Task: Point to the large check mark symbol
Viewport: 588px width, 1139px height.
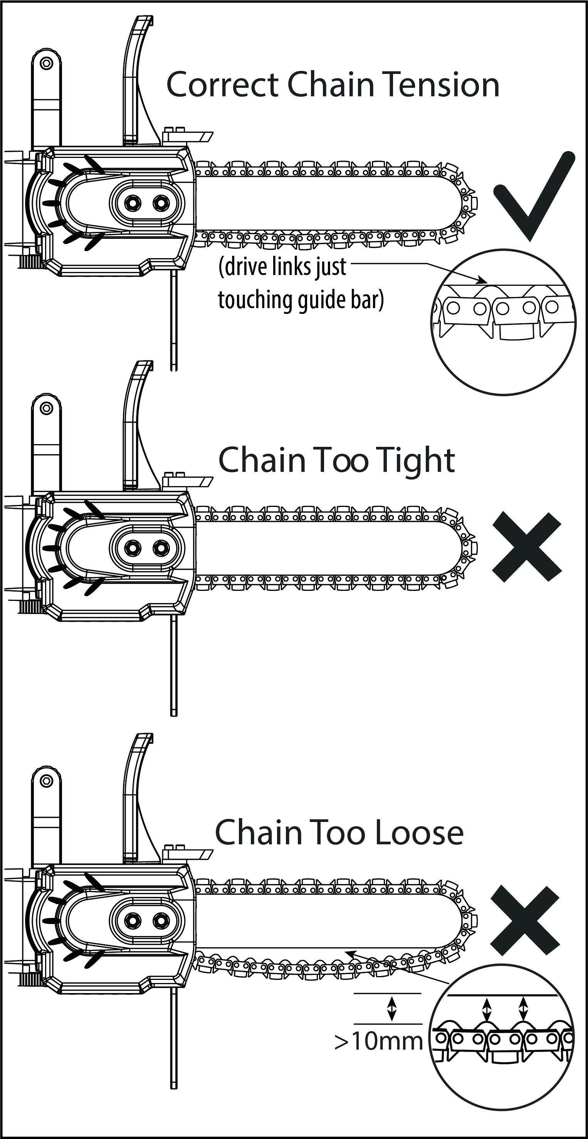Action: click(533, 197)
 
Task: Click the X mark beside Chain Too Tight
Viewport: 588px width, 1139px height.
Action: click(526, 547)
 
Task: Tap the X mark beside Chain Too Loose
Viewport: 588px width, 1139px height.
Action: click(525, 920)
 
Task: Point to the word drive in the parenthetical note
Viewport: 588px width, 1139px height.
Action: click(241, 267)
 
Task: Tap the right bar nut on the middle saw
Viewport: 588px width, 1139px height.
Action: click(161, 548)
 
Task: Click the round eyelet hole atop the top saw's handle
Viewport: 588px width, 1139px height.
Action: click(47, 63)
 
